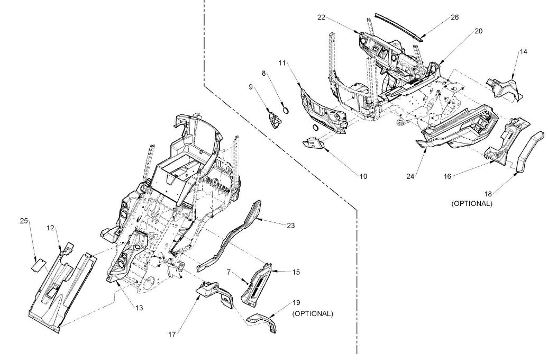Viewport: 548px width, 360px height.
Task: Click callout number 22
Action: tap(322, 17)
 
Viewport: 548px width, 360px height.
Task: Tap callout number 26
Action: tap(455, 17)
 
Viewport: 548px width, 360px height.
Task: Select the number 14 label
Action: tap(523, 52)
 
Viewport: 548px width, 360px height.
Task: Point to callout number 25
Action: tap(24, 221)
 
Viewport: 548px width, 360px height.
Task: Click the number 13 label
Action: tap(139, 308)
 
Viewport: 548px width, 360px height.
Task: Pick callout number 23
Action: tap(291, 226)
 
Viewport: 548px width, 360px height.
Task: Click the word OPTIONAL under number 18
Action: tap(472, 204)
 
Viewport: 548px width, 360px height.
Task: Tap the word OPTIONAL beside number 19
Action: tap(313, 314)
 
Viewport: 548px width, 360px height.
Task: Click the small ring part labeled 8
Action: tap(286, 111)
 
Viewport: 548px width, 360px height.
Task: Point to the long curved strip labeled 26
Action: tap(400, 27)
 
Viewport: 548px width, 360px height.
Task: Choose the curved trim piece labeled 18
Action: tap(530, 152)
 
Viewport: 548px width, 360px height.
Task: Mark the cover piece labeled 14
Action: tap(504, 89)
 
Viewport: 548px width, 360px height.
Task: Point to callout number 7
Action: tap(229, 272)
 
